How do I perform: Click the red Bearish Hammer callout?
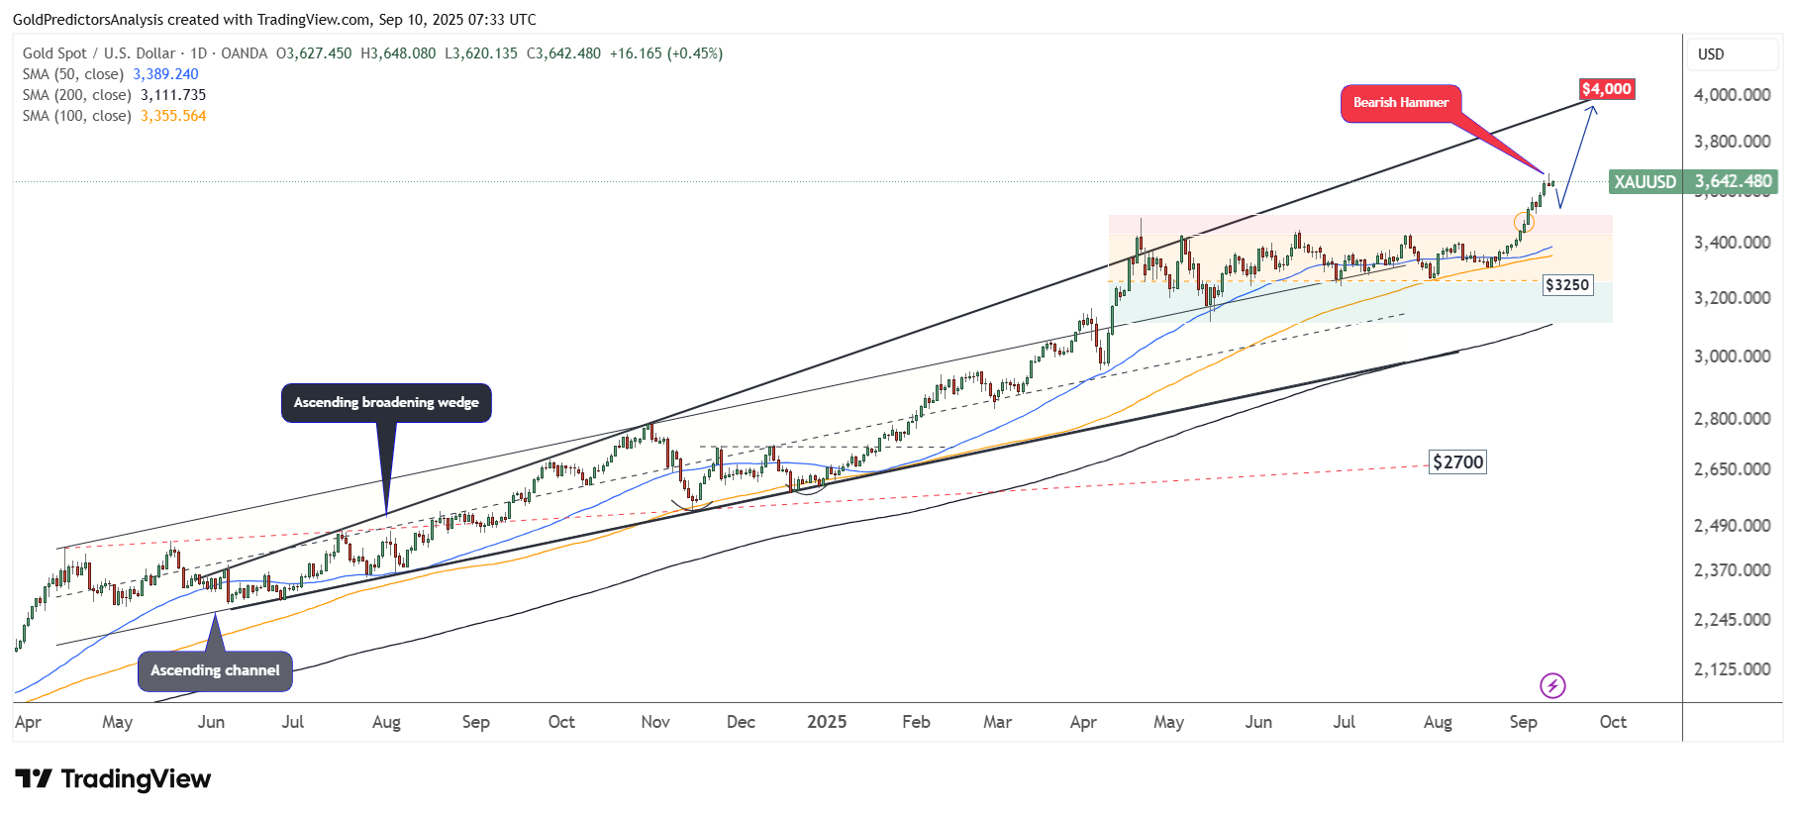1400,103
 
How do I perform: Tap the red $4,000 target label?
1606,89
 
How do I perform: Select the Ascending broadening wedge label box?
386,402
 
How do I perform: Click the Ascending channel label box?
215,670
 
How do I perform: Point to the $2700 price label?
1458,462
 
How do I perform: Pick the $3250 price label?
1567,285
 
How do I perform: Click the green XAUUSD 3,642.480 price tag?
1693,182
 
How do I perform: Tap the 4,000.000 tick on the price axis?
1732,95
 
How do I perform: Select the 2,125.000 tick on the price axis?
1732,669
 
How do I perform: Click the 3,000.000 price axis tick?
1732,357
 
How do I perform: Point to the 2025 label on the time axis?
827,722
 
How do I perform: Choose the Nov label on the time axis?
655,722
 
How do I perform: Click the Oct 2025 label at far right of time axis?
1613,722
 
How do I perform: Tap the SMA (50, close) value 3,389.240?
165,74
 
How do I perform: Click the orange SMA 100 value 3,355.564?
173,116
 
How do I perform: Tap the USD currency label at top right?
1711,54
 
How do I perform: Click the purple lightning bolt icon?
1552,685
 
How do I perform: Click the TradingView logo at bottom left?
113,779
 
